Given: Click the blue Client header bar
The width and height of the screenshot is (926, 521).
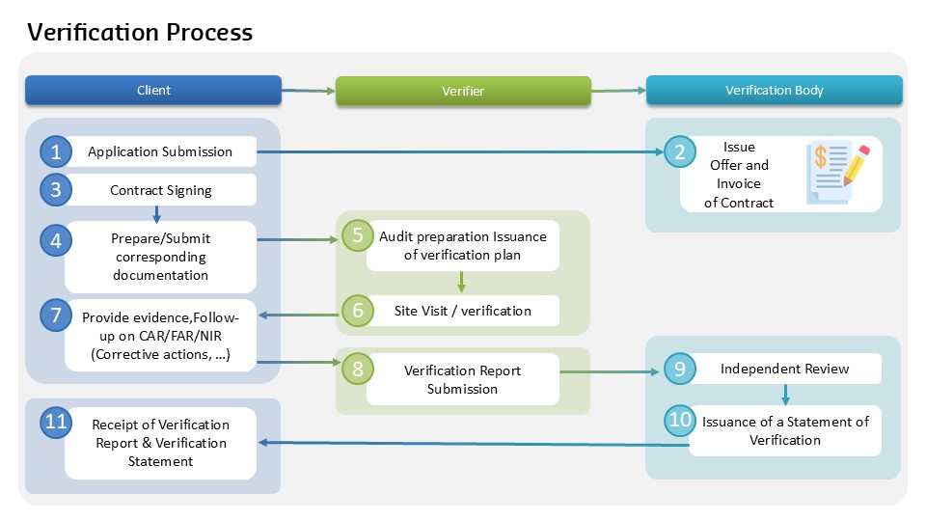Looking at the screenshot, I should point(153,90).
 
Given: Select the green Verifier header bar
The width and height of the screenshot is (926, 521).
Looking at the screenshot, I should point(462,91).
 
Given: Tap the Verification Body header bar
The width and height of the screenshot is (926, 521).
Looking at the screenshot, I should point(774,90).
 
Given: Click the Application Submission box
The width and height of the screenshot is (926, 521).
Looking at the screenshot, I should point(160,151).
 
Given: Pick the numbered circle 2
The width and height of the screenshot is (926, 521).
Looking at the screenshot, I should point(680,152).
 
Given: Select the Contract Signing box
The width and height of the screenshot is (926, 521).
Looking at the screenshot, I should point(160,190).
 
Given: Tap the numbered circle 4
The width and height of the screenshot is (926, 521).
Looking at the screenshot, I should point(56,240).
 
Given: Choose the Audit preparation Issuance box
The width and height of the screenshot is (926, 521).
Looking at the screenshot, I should point(462,246).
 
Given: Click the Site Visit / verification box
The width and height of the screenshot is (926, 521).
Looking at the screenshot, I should point(462,311).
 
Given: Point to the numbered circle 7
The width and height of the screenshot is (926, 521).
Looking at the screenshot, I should point(56,315).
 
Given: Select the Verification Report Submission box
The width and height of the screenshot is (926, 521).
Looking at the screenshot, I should point(462,379).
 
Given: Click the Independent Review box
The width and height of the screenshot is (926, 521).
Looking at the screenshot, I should point(785,369).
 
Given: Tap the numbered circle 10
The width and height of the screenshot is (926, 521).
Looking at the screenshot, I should point(680,421).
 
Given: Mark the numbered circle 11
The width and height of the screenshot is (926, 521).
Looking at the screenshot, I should point(56,422).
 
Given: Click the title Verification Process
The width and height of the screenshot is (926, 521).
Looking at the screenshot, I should point(140,32).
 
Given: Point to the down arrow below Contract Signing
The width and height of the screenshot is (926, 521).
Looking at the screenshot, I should point(156,213).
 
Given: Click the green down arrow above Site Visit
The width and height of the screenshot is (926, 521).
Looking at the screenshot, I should point(461,282).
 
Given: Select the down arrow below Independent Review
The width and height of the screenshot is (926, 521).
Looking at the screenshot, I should point(785,395).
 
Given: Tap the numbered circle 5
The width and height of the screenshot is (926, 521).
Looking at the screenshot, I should point(357,236).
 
